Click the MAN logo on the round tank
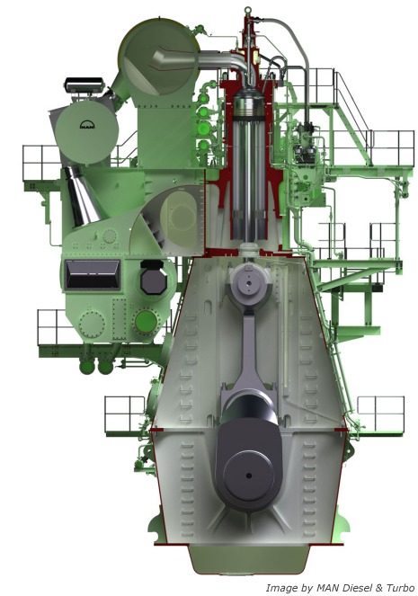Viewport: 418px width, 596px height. pos(87,125)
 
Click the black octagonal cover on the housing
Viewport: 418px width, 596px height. pos(154,278)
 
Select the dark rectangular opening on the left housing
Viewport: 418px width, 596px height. pos(93,274)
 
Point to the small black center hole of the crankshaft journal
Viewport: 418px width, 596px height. pos(249,476)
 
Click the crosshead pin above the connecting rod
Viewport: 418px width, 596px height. pos(248,283)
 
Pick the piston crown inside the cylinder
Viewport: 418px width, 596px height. pos(248,104)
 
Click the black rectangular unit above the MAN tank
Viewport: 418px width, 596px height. pos(84,85)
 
